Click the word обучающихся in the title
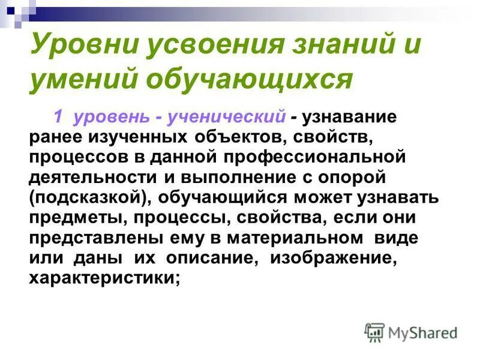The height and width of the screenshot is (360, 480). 246,79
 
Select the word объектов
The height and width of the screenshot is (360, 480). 240,139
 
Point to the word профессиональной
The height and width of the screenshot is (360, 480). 311,159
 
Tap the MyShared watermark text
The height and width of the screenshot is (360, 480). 422,331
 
